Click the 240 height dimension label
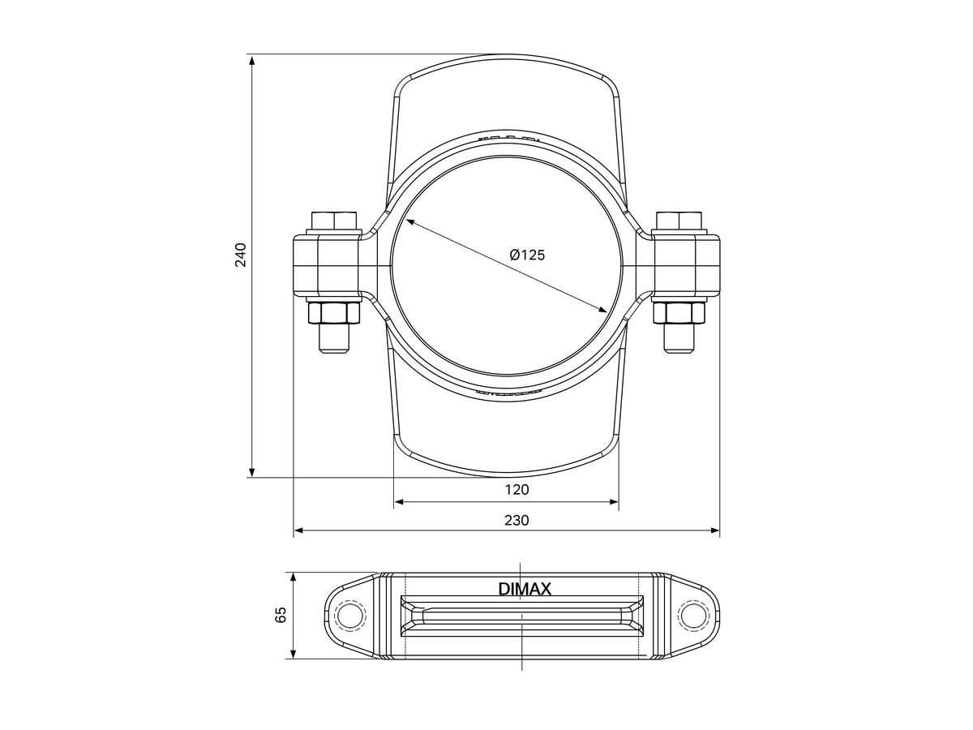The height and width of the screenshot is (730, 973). point(241,255)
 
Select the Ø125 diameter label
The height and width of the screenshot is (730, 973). point(527,255)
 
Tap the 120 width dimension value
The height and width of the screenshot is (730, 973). point(517,489)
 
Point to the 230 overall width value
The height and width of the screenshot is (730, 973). point(517,520)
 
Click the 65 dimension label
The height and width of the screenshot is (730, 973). point(281,614)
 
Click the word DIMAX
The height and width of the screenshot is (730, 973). point(525,590)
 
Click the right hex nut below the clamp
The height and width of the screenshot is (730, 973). point(679,314)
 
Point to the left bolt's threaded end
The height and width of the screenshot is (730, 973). point(334,339)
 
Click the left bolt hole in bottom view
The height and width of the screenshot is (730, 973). point(348,615)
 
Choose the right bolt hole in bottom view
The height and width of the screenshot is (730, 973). point(692,615)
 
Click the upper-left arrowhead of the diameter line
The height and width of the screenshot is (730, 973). point(409,221)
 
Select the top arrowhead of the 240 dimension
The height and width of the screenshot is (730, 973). point(253,60)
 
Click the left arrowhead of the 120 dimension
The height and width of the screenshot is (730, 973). point(399,503)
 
